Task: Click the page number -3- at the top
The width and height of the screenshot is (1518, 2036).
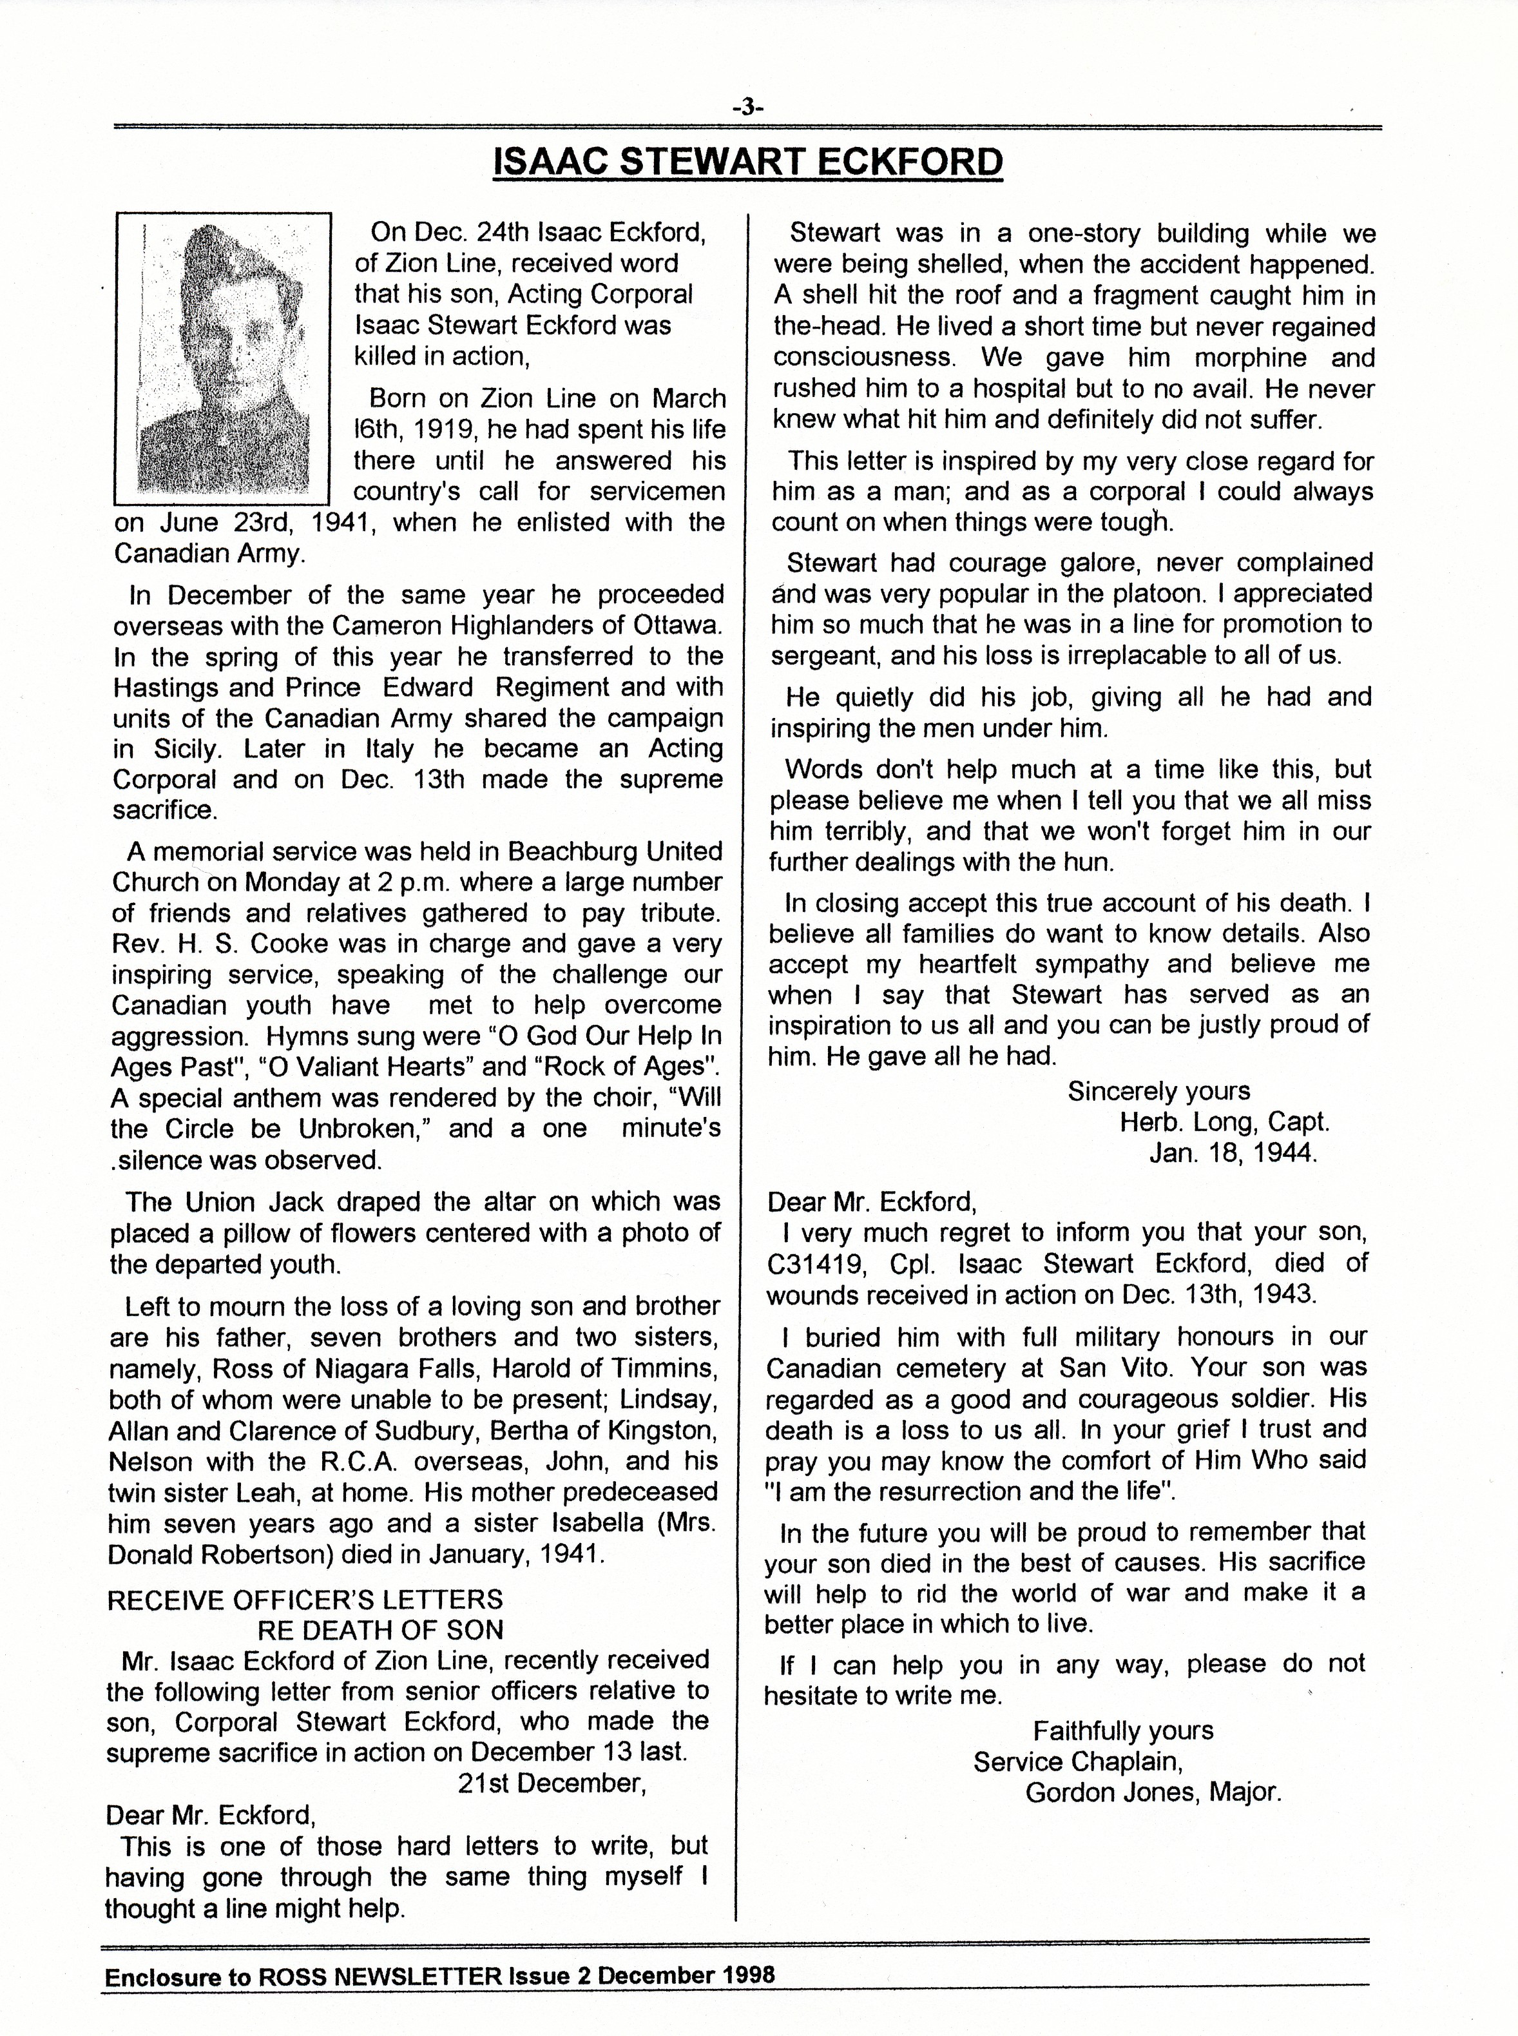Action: coord(748,108)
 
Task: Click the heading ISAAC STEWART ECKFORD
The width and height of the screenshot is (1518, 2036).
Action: coord(748,162)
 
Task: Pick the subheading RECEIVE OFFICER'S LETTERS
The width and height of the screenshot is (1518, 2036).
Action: coord(305,1600)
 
